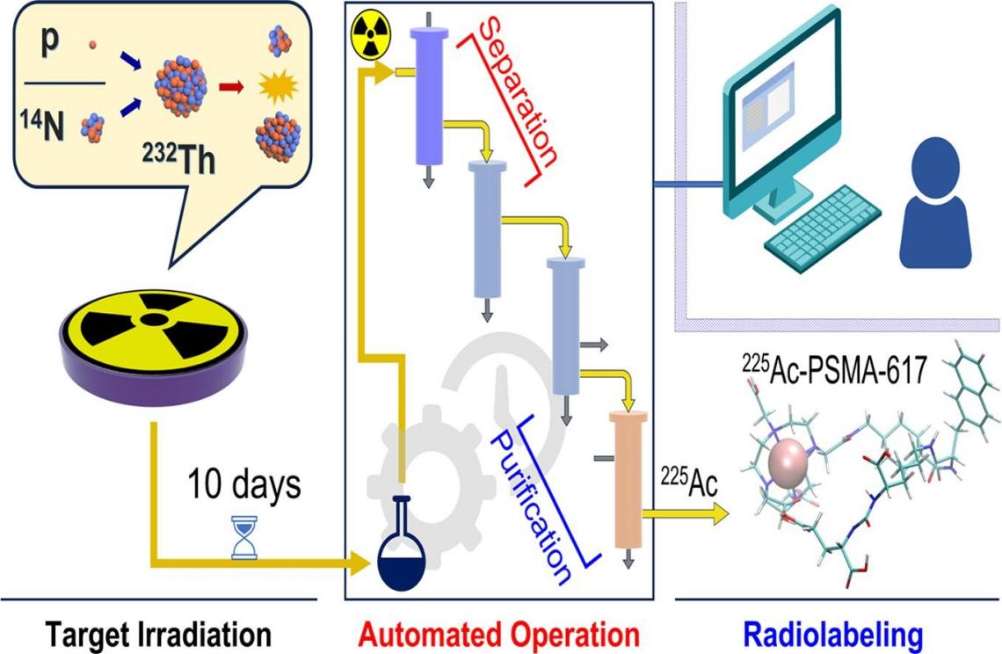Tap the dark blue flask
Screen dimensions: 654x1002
click(401, 555)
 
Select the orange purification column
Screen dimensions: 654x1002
click(627, 479)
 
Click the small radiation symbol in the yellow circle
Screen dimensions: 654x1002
click(370, 35)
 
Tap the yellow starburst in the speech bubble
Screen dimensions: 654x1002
click(280, 85)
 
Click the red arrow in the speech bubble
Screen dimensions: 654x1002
click(232, 86)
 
